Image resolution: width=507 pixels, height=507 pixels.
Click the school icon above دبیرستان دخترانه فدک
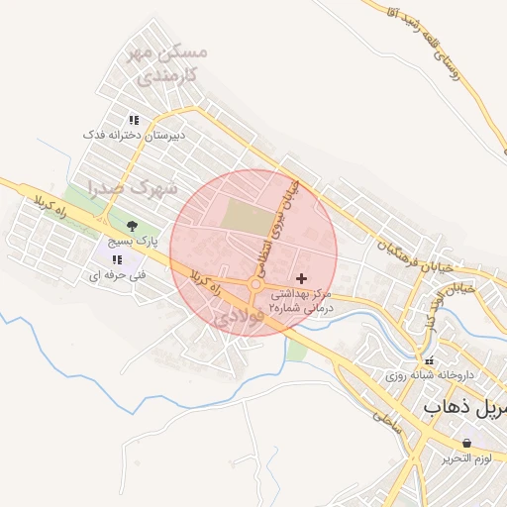coord(133,120)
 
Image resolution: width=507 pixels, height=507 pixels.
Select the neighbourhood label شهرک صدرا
coord(131,186)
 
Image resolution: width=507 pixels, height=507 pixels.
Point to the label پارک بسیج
coord(133,241)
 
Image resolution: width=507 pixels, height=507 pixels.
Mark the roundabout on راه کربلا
coord(255,285)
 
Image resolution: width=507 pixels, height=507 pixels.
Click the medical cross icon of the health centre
coord(302,279)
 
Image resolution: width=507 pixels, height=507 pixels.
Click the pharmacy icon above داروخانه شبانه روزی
coord(429,360)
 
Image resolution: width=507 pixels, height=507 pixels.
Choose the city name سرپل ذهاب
coord(464,407)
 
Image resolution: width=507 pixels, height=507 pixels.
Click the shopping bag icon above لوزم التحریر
coord(466,443)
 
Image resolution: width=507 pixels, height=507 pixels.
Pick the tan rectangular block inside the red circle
coord(245,217)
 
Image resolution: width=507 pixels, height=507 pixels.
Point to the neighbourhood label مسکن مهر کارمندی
coord(168,61)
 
